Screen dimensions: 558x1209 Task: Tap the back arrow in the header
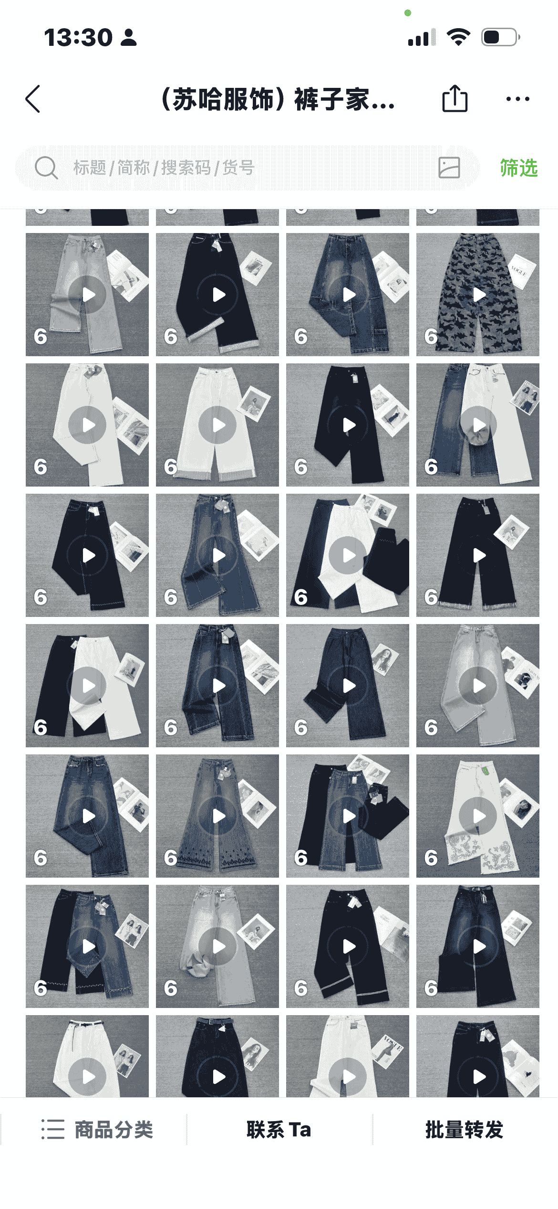coord(32,99)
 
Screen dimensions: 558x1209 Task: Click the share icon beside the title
coord(455,98)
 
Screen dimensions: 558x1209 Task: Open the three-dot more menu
coord(517,99)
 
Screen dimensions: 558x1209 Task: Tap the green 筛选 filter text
coord(519,168)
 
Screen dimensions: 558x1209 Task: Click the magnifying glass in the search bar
coord(46,168)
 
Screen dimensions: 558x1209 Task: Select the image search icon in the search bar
coord(449,168)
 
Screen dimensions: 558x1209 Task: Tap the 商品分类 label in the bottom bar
coord(114,1129)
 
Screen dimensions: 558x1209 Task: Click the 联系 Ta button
coord(279,1129)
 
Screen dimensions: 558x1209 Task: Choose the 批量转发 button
coord(464,1129)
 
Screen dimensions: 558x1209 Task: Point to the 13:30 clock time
coord(78,37)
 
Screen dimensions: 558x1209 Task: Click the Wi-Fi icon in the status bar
coord(458,37)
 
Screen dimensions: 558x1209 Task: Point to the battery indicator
coord(500,37)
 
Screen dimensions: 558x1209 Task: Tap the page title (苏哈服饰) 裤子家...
coord(279,99)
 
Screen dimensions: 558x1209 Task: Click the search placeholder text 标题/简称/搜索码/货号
coord(164,168)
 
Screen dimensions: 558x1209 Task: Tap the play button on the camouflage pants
coord(478,295)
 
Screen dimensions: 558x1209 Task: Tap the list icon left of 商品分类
coord(52,1129)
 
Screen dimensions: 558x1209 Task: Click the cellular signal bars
coord(422,37)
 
